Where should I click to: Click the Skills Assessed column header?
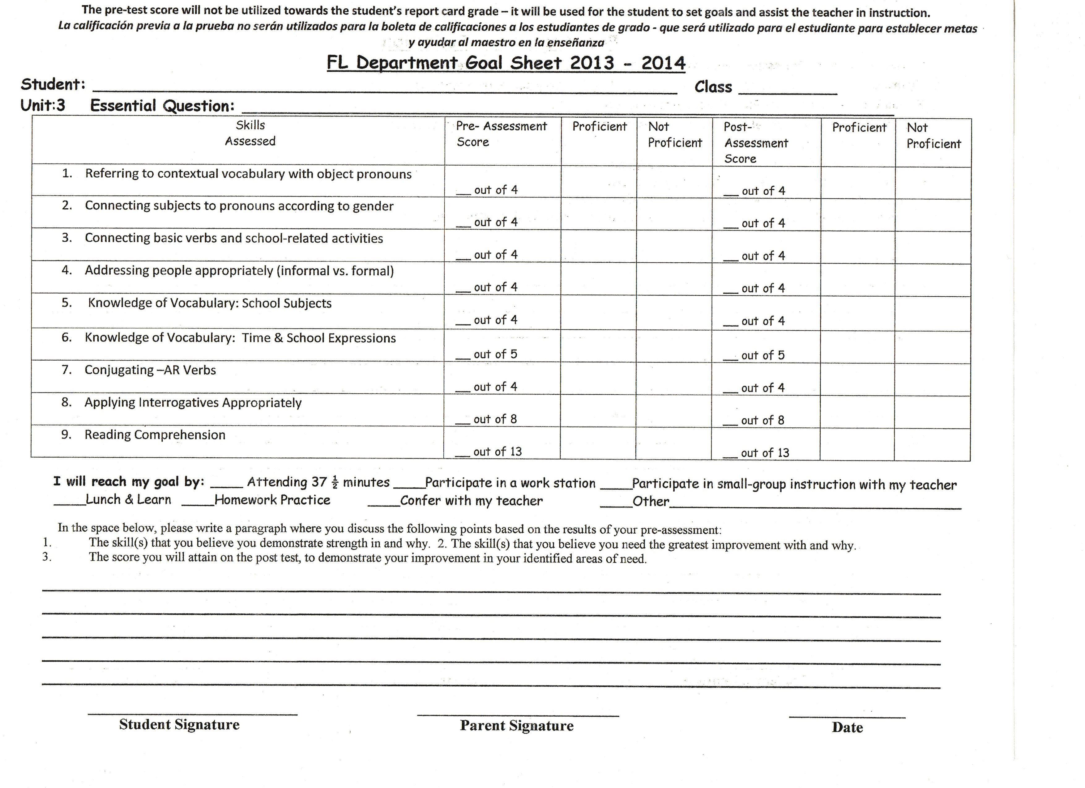click(x=250, y=133)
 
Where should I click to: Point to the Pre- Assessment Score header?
click(x=501, y=134)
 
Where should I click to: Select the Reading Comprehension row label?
click(x=155, y=435)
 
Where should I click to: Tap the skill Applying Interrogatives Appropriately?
click(x=193, y=403)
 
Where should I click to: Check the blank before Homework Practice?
click(x=198, y=504)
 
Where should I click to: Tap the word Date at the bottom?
click(x=847, y=727)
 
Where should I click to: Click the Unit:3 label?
click(x=43, y=105)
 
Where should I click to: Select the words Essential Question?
click(x=162, y=106)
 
